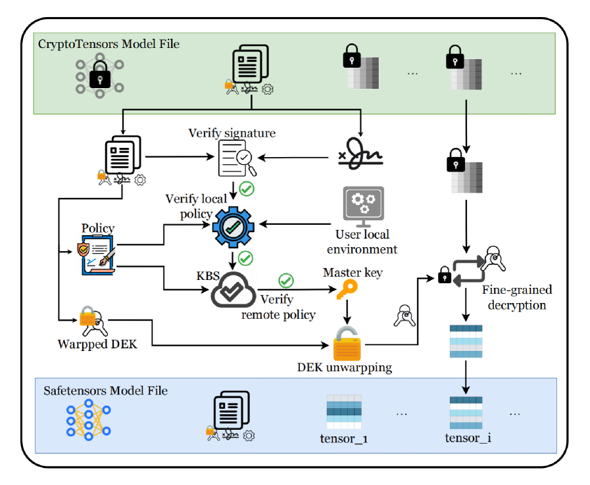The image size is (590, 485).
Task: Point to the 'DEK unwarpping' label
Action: (344, 367)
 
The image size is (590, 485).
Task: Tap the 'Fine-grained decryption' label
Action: (517, 297)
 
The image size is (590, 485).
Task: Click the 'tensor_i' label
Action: (468, 437)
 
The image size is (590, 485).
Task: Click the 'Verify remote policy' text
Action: (278, 308)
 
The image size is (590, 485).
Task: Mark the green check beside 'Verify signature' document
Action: (247, 189)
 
